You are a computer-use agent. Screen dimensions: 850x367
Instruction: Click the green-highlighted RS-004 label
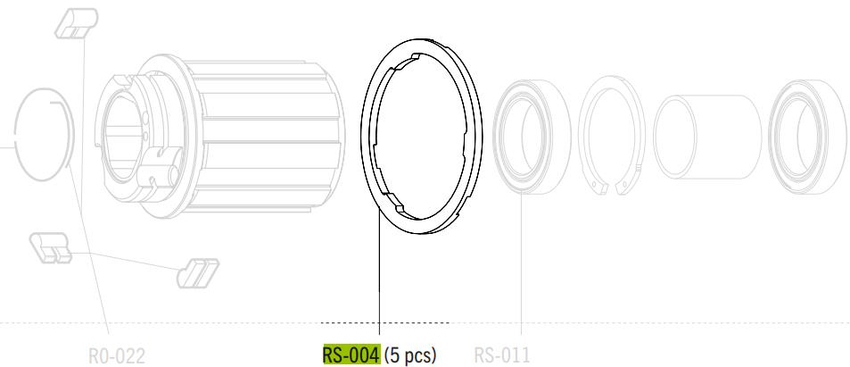(351, 355)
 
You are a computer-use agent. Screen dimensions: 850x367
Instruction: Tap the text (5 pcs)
(410, 355)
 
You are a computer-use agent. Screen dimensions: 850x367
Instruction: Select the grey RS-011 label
(502, 355)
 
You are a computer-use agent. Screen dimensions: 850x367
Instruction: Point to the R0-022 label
(117, 356)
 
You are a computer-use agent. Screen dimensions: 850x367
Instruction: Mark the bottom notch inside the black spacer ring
(401, 208)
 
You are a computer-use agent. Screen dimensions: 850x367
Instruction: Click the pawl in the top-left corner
(77, 23)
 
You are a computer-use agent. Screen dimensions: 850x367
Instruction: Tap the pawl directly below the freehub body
(198, 273)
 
